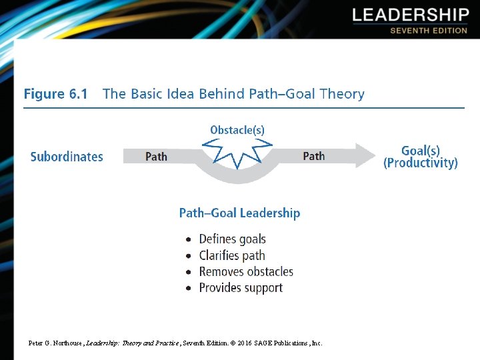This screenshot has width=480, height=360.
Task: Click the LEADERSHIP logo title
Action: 410,15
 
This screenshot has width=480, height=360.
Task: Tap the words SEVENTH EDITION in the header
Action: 428,31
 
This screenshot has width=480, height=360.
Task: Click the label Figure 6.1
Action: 55,94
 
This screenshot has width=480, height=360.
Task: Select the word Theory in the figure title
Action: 341,94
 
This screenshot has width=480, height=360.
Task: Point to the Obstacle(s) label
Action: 237,130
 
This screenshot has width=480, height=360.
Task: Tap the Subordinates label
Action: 67,157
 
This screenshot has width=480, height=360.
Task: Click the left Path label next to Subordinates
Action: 156,157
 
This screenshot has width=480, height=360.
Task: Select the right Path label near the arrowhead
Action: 313,156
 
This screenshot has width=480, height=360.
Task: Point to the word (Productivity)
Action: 420,163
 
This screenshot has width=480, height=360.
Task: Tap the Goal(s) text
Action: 421,151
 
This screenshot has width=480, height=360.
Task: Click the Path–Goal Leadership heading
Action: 239,213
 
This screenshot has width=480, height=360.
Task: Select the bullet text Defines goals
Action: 232,239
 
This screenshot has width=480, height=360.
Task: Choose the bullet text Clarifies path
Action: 232,255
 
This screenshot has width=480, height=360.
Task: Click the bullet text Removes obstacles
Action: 246,271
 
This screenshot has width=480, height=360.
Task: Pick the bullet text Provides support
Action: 241,288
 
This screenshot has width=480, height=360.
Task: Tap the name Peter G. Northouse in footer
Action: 55,343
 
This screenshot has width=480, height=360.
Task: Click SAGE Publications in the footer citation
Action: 283,343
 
